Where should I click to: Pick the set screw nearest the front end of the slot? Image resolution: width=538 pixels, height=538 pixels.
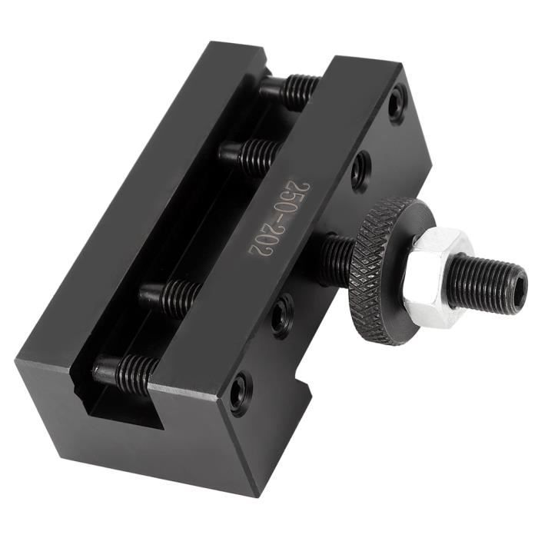pos(127,370)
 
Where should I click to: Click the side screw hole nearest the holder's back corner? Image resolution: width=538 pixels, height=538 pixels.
pos(397,102)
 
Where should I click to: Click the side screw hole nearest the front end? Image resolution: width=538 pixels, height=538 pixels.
pos(240,392)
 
